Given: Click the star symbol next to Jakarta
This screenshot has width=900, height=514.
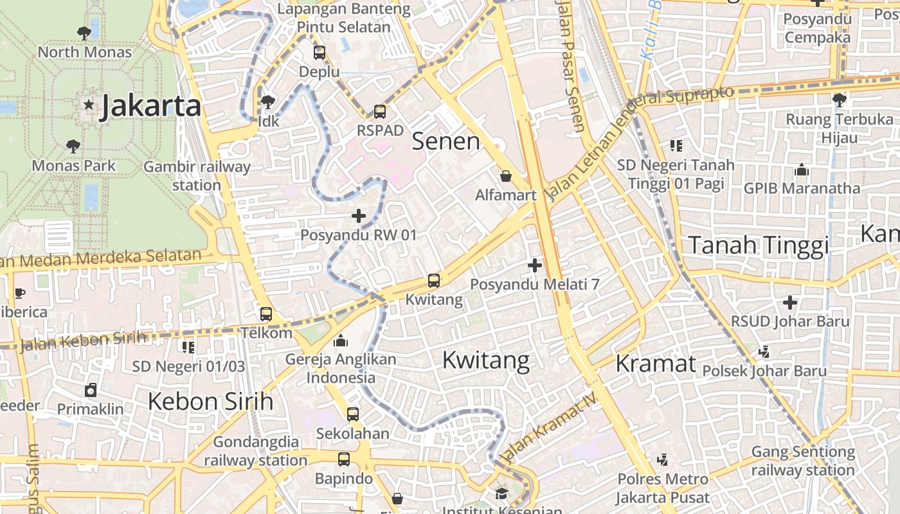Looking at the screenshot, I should click(89, 104).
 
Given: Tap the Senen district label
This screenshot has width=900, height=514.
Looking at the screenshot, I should click(446, 141).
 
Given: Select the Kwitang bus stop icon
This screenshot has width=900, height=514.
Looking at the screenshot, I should click(434, 281).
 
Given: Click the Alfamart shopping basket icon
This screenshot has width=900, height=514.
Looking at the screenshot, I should click(506, 176).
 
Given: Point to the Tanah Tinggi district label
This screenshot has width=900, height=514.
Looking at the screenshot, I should click(759, 245).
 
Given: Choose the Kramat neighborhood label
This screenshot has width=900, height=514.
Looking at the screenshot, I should click(656, 364).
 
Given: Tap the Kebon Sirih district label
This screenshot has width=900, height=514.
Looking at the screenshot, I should click(211, 402).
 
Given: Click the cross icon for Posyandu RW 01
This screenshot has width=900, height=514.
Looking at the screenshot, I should click(359, 217).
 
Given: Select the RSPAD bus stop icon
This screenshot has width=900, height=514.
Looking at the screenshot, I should click(380, 112).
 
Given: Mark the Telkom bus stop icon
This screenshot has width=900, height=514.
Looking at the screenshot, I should click(266, 314).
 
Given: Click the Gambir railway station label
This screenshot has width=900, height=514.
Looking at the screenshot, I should click(197, 176).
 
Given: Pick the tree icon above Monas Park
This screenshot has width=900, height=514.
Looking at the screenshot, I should click(73, 146).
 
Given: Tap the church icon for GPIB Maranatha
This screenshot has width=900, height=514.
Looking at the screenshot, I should click(801, 170).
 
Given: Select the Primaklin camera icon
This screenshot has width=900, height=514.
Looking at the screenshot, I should click(91, 390).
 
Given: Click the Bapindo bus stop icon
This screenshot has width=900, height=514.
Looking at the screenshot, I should click(344, 459).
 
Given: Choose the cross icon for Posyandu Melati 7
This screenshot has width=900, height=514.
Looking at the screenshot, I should click(534, 265).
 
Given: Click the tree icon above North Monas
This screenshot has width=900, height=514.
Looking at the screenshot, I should click(84, 33).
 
